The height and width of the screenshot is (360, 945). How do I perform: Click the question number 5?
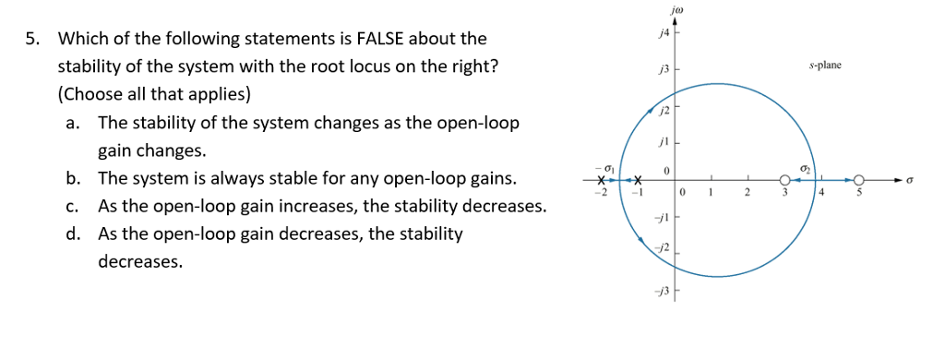pyautogui.click(x=31, y=40)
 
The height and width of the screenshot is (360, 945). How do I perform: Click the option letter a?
pyautogui.click(x=71, y=123)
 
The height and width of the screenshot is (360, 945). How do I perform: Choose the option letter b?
pyautogui.click(x=71, y=178)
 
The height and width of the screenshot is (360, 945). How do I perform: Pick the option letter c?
pyautogui.click(x=71, y=206)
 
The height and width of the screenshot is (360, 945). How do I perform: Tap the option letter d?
pyautogui.click(x=71, y=234)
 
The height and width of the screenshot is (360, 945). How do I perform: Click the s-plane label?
pyautogui.click(x=824, y=66)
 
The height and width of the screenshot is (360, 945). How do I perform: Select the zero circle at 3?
pyautogui.click(x=784, y=179)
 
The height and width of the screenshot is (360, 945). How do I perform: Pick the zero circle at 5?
pyautogui.click(x=859, y=179)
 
